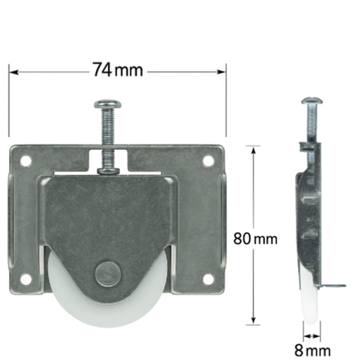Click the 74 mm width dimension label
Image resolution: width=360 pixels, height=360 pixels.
click(118, 70)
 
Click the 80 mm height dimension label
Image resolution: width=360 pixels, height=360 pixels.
click(256, 239)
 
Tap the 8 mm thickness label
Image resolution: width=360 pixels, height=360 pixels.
click(312, 351)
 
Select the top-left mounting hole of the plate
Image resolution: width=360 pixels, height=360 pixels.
click(26, 161)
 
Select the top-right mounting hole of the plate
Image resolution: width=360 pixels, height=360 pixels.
click(208, 161)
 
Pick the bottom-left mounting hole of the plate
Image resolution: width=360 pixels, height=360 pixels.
click(26, 279)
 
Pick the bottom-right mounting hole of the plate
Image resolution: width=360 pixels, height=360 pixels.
click(208, 279)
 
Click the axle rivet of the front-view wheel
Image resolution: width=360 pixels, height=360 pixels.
click(107, 274)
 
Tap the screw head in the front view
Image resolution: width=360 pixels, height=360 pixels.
click(107, 104)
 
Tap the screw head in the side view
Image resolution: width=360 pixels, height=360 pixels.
click(312, 101)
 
